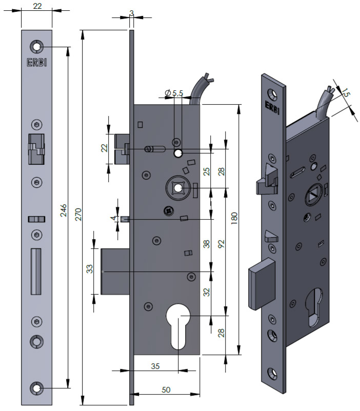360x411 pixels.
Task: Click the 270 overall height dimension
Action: pos(77,214)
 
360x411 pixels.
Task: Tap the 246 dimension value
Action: pos(63,211)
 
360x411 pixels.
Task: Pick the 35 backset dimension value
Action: pos(156,366)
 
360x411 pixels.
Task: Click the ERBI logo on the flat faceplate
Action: pos(36,63)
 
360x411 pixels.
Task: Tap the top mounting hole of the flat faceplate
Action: pos(36,47)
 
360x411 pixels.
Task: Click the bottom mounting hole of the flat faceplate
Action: pos(36,388)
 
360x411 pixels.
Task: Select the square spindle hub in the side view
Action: pos(178,188)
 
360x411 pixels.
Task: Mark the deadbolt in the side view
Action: pos(114,271)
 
